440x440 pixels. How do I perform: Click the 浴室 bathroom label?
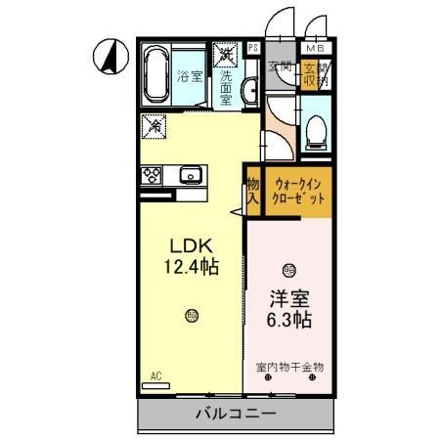tap(191, 75)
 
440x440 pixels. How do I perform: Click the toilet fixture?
tap(316, 127)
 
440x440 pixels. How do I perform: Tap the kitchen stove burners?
tap(154, 176)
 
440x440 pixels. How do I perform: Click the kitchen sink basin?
tap(191, 176)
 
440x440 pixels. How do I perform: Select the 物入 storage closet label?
tap(252, 190)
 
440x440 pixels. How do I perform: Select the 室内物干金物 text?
tap(290, 368)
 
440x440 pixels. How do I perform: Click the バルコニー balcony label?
tap(235, 415)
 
